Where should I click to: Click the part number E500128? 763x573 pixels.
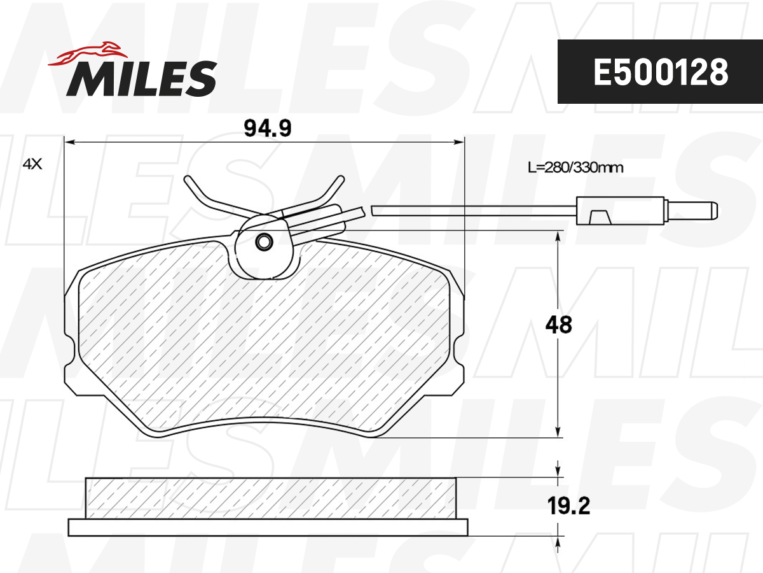(x=660, y=72)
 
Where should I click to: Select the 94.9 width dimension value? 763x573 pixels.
(x=268, y=129)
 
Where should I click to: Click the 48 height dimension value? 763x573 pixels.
(x=559, y=325)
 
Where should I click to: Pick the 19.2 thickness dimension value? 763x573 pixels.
(x=568, y=506)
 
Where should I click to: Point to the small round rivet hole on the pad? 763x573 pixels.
(x=263, y=242)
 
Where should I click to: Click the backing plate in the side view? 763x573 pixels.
(x=268, y=527)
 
